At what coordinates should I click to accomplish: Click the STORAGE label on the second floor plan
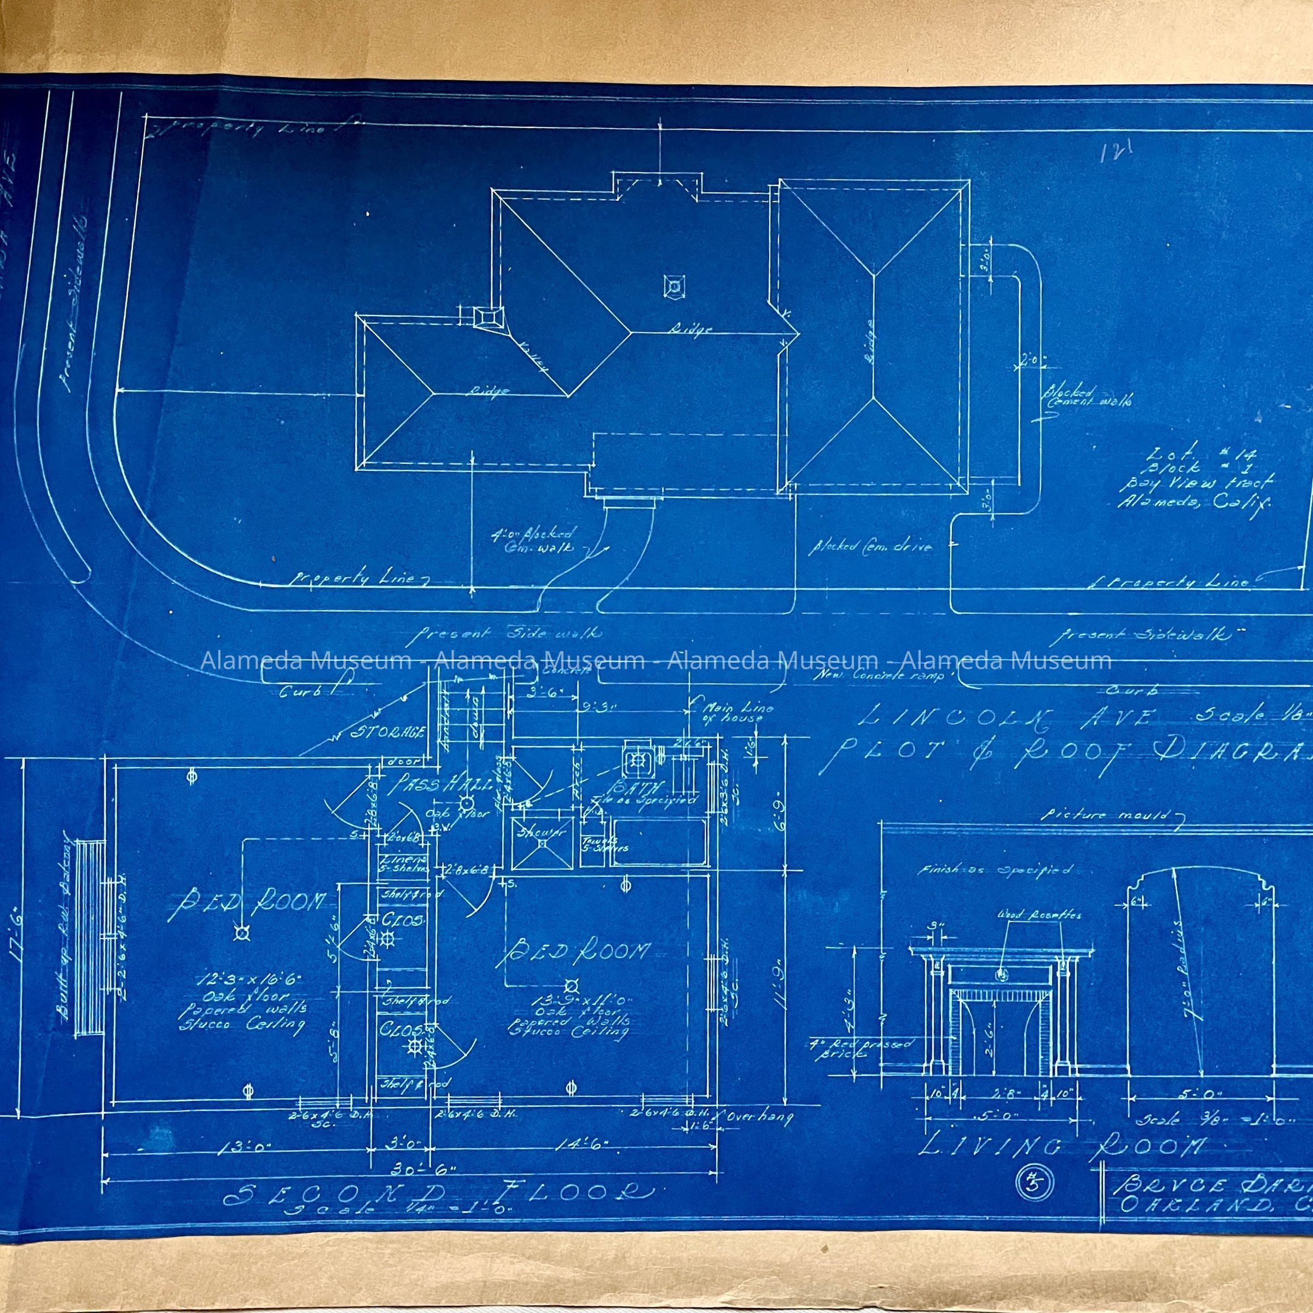(389, 732)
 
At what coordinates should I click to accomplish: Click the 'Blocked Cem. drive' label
(869, 546)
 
